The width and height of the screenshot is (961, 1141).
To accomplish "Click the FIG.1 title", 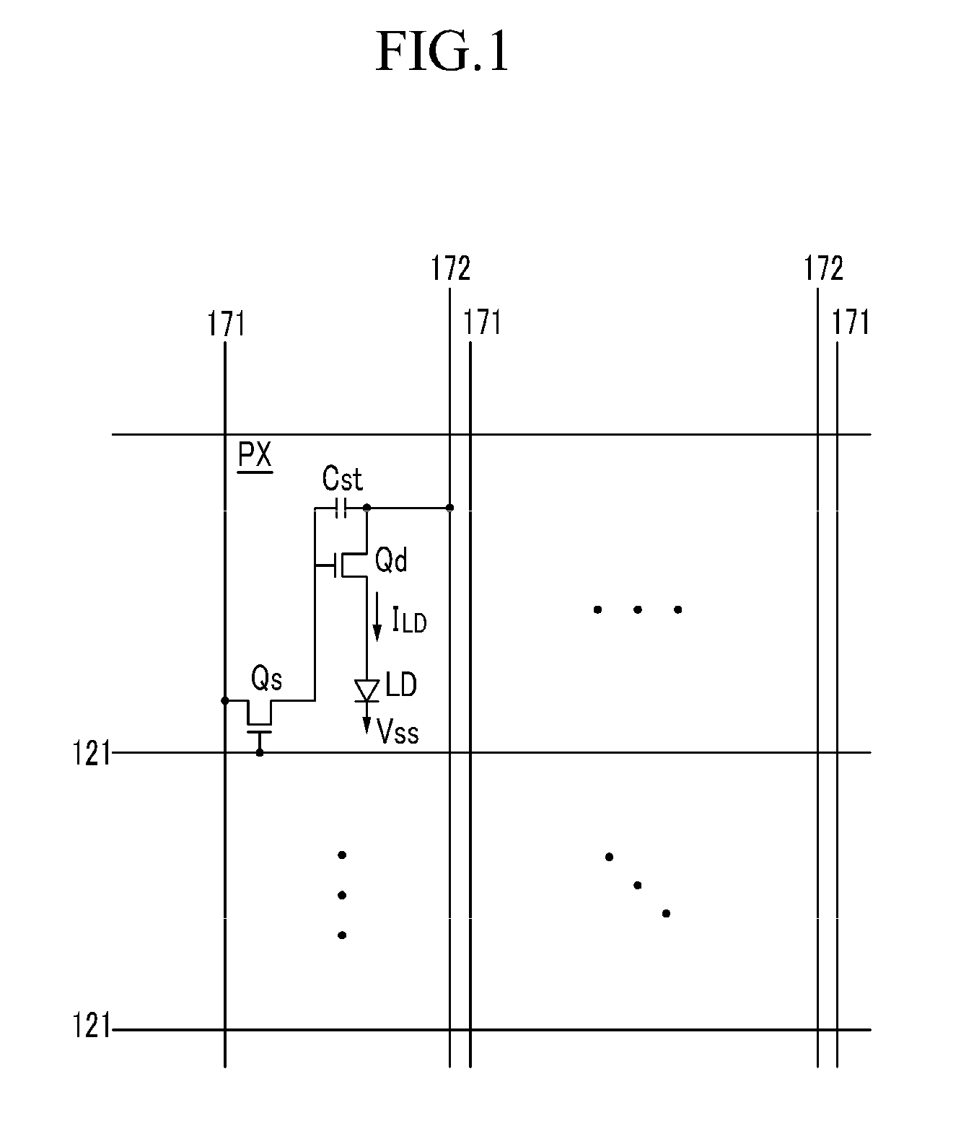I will pos(442,52).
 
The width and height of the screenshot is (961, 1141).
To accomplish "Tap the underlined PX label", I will pos(255,457).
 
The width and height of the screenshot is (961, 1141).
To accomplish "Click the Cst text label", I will pos(342,479).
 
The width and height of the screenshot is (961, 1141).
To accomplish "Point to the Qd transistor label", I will pos(392,560).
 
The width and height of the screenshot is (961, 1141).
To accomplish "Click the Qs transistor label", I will pos(266,679).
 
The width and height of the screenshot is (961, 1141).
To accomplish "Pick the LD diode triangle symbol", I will pos(367,690).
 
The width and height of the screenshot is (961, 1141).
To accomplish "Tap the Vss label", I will pos(398,731).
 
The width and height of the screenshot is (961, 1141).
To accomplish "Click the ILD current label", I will pos(409,620).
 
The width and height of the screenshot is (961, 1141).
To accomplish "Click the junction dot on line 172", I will pos(449,508).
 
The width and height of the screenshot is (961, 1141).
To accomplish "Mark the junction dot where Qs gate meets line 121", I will pos(260,752).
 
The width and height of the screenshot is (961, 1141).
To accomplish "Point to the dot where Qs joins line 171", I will pos(225,700).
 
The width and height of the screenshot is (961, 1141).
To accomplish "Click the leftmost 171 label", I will pos(227,324).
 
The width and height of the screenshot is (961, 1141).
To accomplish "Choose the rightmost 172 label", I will pos(823,269).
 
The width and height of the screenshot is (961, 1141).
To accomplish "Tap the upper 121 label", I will pos(92,754).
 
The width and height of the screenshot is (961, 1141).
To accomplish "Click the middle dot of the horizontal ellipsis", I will pos(638,609).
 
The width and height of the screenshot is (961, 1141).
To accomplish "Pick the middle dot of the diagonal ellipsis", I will pos(638,885).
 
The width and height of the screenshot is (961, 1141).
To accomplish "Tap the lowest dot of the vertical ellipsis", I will pos(342,935).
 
